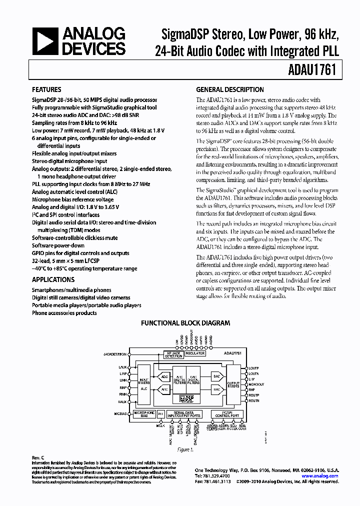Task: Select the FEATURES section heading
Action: click(x=47, y=90)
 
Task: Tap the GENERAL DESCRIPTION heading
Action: click(x=229, y=90)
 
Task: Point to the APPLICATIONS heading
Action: click(x=53, y=280)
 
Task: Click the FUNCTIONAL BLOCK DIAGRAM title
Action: click(x=185, y=323)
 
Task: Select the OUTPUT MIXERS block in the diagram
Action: click(x=233, y=384)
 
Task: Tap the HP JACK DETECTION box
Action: click(x=173, y=354)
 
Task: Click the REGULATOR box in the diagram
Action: click(x=195, y=353)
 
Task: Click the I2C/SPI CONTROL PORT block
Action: click(x=228, y=414)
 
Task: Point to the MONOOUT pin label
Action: click(x=256, y=384)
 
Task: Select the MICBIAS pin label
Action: click(x=120, y=414)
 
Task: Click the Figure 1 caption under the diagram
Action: click(x=185, y=449)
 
